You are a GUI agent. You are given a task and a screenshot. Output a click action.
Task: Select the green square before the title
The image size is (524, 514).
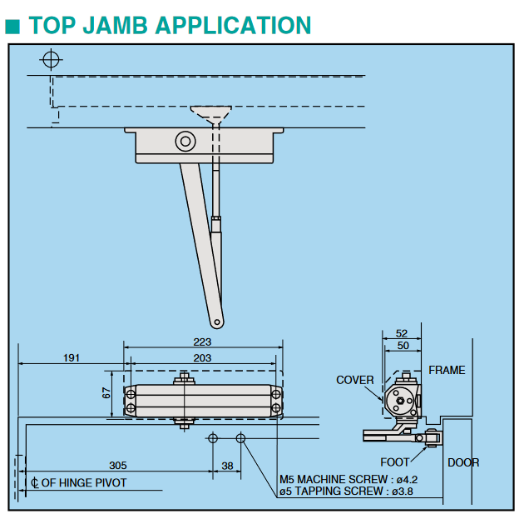12,26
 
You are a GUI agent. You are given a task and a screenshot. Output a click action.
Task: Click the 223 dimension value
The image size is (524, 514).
202,342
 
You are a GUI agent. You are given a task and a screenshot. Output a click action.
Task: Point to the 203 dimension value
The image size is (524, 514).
202,358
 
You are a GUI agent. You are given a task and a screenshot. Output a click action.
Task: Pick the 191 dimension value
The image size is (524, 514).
72,358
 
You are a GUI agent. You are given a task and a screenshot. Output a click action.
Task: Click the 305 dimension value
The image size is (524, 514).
118,466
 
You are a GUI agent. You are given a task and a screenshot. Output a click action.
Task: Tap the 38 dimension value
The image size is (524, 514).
227,466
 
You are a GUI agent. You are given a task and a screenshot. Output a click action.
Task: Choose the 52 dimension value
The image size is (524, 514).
402,333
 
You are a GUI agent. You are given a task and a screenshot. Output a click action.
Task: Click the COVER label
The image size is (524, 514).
355,380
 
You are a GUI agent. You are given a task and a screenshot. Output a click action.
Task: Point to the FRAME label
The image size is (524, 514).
447,370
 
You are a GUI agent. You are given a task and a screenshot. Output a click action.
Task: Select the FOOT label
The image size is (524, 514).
395,462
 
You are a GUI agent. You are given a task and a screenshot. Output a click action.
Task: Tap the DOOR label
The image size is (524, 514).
463,462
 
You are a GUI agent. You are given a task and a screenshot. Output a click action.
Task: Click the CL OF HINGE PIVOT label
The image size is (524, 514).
79,482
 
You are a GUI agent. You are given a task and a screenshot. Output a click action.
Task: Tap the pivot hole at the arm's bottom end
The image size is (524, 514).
218,320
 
